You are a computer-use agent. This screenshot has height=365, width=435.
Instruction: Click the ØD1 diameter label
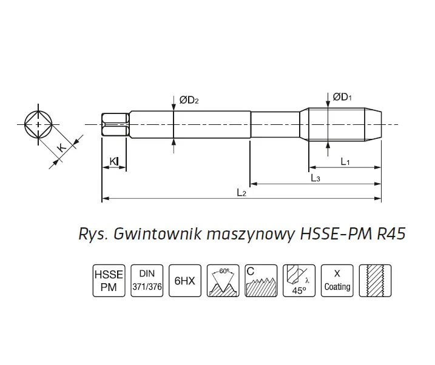point(342,96)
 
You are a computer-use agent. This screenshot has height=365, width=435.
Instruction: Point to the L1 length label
point(345,161)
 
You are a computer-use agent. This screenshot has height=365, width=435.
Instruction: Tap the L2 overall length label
point(241,193)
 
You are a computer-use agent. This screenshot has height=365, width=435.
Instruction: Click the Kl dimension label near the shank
point(113,161)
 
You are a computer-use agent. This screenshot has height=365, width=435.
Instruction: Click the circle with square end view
point(38,124)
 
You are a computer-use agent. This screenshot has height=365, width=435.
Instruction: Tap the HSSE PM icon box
point(108,280)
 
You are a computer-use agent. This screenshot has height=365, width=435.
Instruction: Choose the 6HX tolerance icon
point(184,280)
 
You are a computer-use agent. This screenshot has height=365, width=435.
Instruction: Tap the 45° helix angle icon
point(299,280)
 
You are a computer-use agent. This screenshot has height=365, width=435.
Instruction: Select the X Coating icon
point(337,280)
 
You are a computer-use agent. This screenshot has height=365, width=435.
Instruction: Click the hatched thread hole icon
point(374,280)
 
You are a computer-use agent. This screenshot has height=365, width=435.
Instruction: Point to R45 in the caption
point(391,233)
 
